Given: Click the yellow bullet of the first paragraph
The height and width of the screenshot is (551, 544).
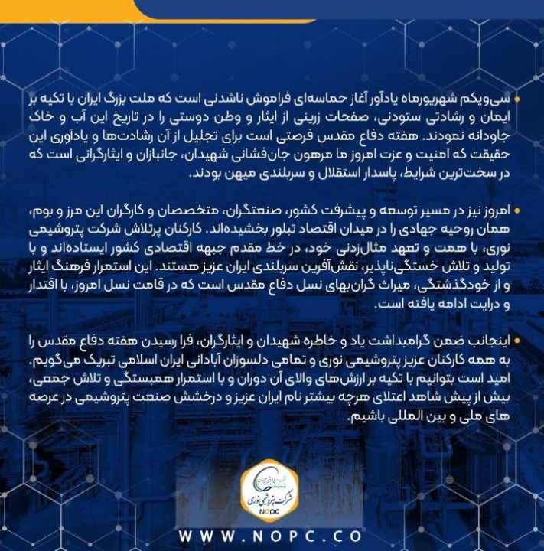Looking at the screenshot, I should point(517,99).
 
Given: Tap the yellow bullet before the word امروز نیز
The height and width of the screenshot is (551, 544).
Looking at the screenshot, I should point(517,209).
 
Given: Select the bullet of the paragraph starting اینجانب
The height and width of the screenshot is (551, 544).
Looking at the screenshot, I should point(517,341).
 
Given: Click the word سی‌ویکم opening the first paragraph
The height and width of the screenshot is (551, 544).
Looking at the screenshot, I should point(490,100).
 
